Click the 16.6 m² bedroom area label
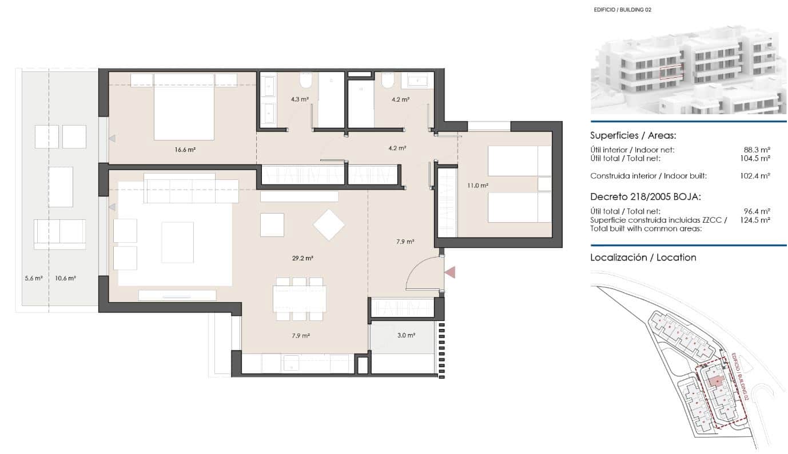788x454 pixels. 185,150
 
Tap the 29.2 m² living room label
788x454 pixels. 303,258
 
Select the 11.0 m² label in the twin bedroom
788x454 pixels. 477,186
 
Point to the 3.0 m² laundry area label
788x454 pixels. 406,336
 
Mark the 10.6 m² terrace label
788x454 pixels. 66,279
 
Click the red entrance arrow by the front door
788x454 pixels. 450,272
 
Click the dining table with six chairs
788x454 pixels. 300,298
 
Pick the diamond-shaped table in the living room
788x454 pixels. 329,224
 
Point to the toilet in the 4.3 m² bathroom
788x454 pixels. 305,82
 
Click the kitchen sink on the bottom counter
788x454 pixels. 292,363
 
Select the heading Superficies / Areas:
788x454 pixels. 633,136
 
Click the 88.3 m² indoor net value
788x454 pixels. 755,150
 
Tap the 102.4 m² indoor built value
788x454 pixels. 755,176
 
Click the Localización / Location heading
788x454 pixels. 643,258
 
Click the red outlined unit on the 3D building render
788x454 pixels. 671,72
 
